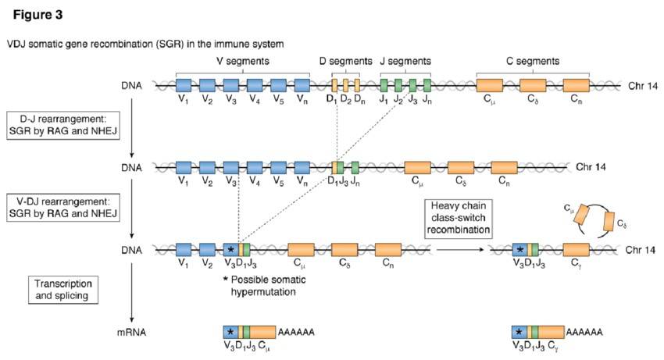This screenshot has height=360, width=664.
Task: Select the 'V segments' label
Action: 243,61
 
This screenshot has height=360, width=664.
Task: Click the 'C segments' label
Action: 532,61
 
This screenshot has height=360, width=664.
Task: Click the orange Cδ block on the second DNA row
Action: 461,166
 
